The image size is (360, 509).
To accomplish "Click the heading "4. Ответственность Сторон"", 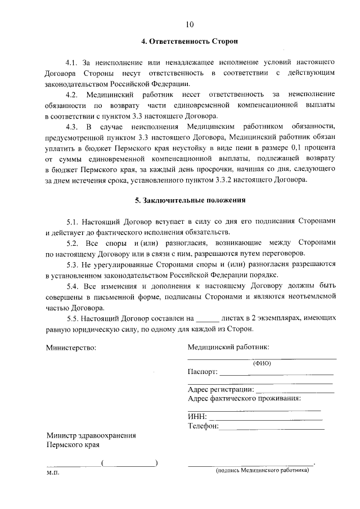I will (x=189, y=42).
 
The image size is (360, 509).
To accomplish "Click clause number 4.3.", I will (x=74, y=125).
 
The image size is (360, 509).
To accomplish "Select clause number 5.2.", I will (x=74, y=242).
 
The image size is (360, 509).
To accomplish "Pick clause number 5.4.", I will (x=74, y=286).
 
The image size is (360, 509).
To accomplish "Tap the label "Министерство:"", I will (x=71, y=348).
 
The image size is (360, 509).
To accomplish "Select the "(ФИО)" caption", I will (x=262, y=363).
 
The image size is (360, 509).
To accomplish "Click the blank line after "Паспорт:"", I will (x=276, y=374).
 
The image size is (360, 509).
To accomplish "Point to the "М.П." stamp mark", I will (x=53, y=474).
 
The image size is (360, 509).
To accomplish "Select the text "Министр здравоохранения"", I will (x=91, y=435).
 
